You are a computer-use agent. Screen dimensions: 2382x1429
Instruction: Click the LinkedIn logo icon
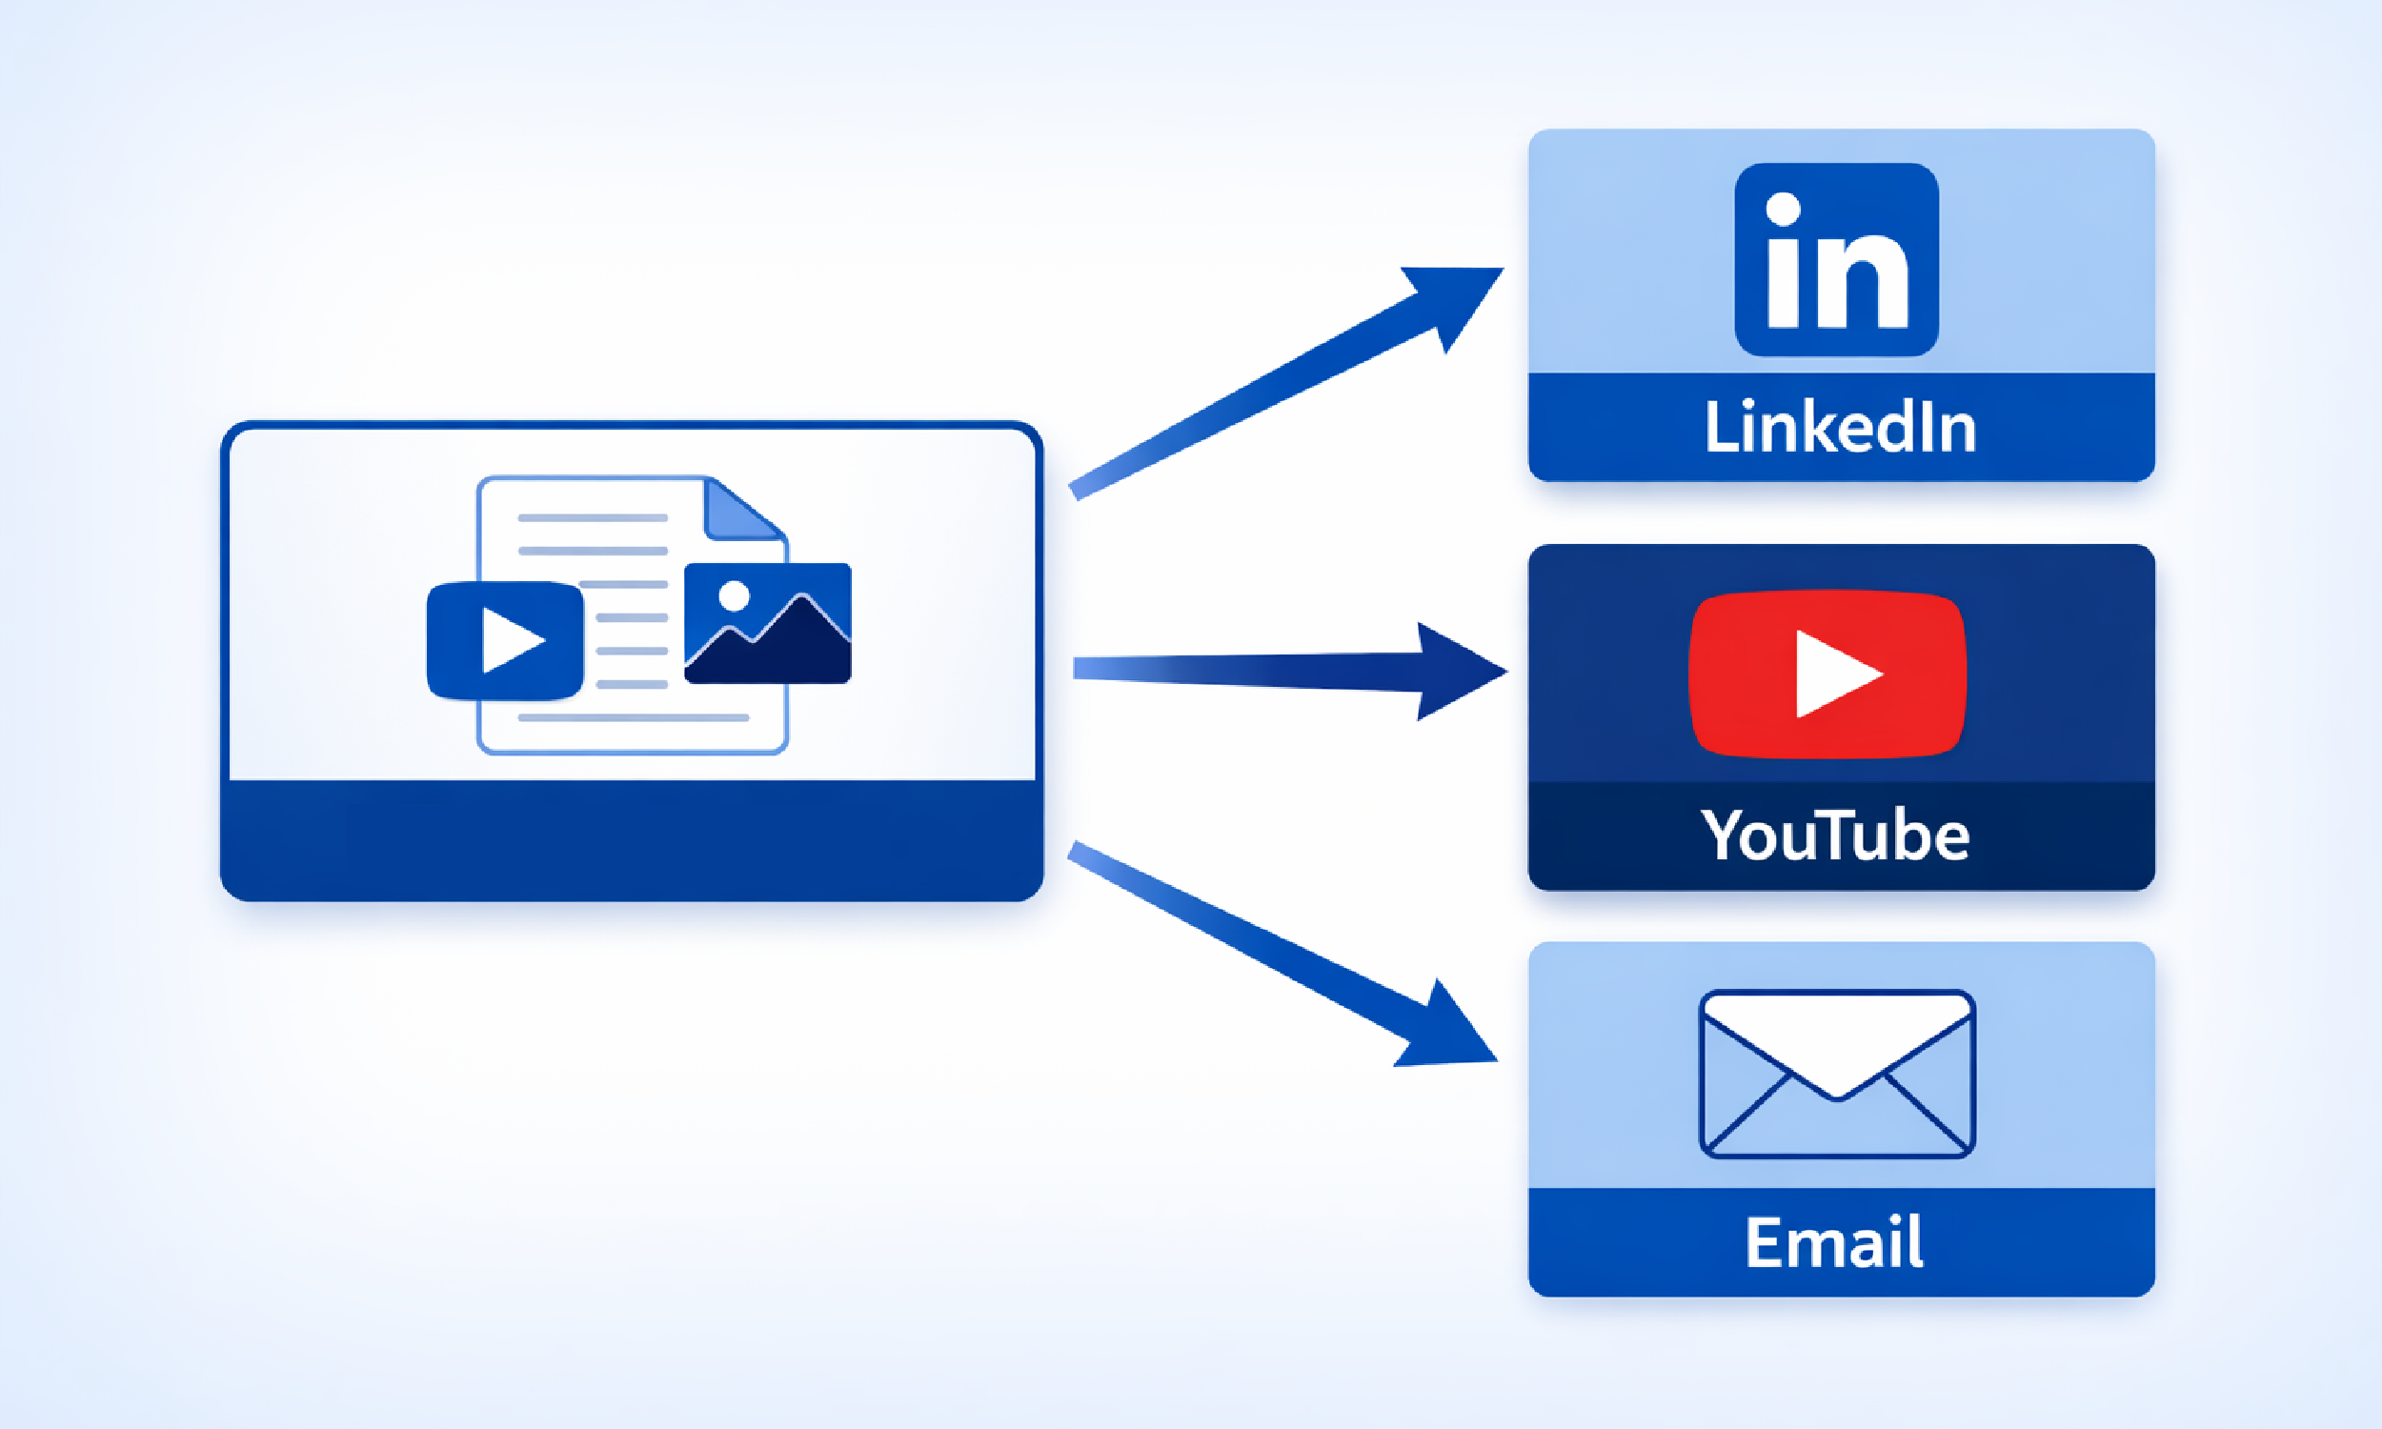click(1836, 259)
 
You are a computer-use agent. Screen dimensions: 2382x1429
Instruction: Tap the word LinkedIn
click(1840, 428)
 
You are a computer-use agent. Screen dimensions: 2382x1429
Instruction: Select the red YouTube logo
click(1827, 674)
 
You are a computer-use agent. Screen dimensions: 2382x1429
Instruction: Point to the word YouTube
click(1835, 835)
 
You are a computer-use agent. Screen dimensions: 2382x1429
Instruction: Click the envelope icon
click(1837, 1074)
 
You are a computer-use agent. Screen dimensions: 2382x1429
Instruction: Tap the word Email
click(1834, 1242)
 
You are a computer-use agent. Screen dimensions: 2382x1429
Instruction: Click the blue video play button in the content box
click(506, 640)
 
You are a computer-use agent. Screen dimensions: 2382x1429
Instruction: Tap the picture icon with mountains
click(767, 623)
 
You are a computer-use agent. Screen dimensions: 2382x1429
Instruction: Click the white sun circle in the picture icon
click(734, 596)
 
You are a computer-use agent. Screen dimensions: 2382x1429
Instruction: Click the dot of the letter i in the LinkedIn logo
click(1783, 209)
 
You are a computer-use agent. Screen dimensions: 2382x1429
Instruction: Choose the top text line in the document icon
click(592, 518)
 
